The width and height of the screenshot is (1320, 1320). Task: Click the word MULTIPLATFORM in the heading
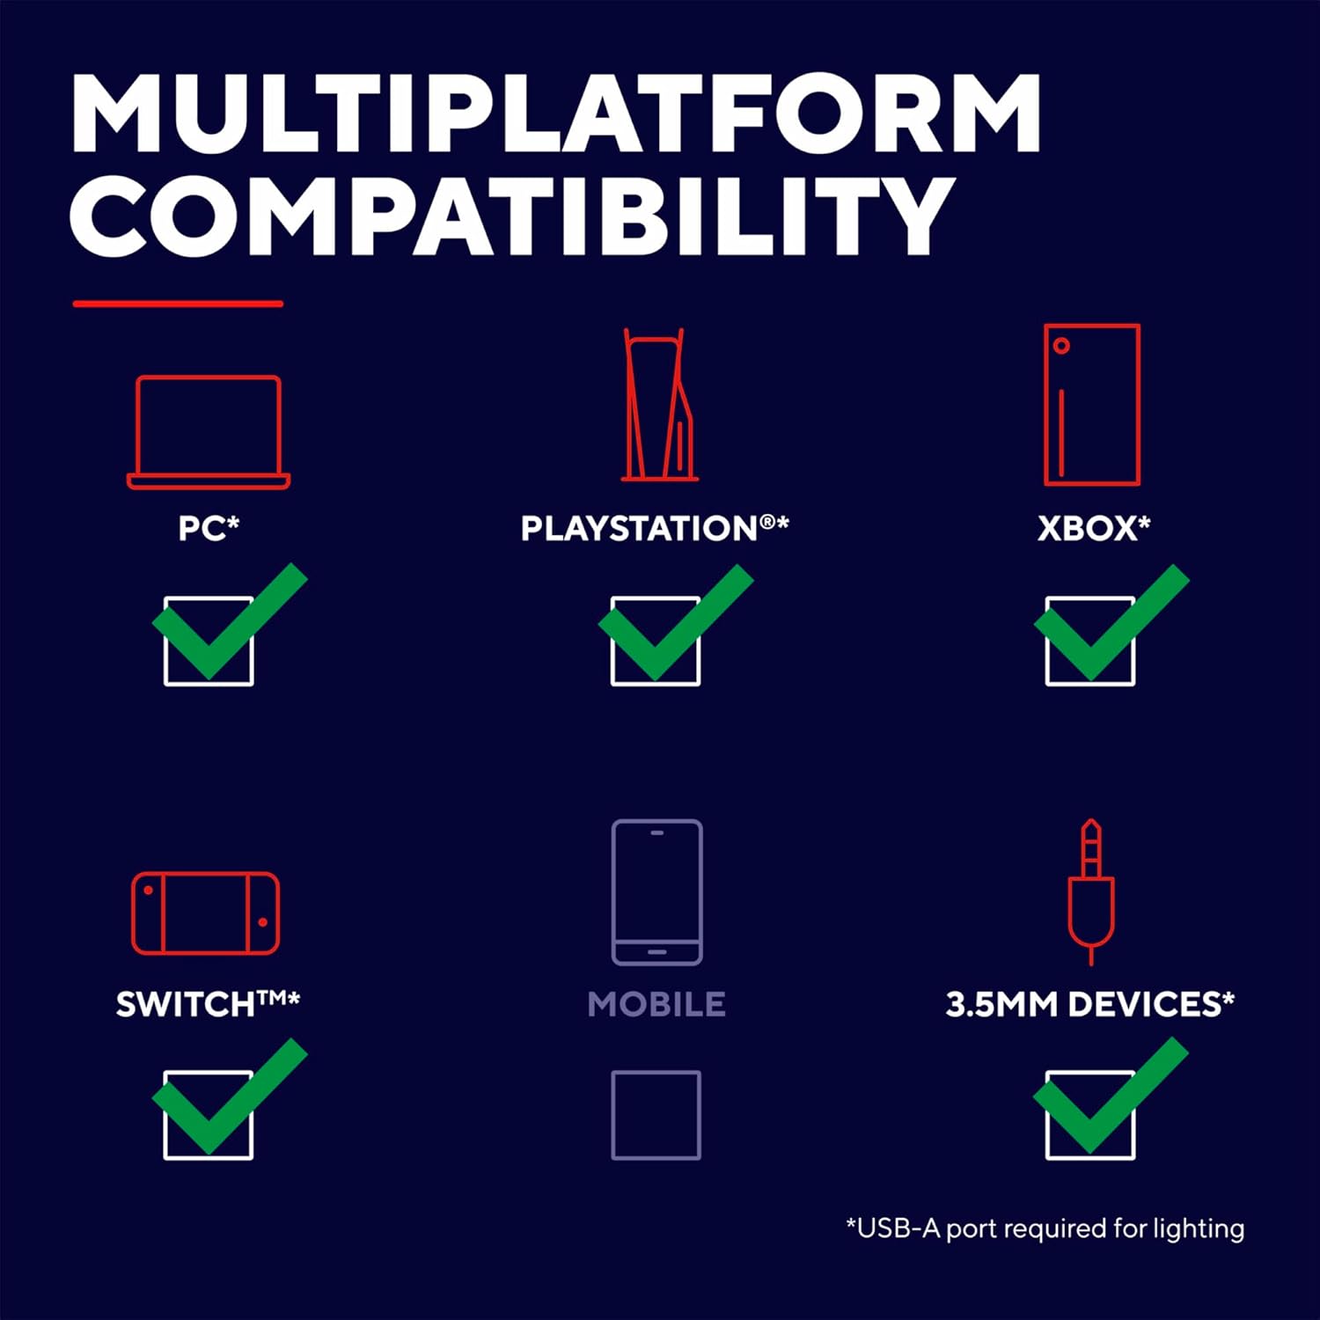point(556,114)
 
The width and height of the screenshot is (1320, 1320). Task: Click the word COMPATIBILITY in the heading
point(512,216)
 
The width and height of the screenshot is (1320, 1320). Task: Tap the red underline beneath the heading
point(178,304)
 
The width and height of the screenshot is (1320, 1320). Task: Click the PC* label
point(209,528)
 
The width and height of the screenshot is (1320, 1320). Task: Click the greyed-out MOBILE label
point(656,1004)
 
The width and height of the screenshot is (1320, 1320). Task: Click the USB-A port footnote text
point(1045,1228)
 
